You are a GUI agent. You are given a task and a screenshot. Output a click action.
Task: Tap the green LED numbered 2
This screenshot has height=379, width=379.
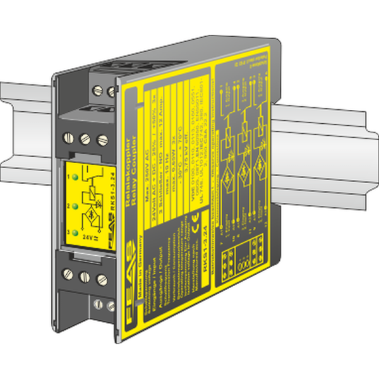[x=76, y=205]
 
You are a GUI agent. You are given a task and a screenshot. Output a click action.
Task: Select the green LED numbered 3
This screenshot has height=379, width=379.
[x=76, y=232]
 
